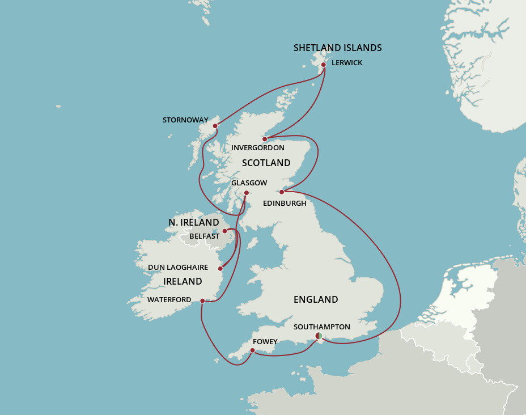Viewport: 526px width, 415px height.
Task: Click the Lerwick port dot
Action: [x=324, y=65]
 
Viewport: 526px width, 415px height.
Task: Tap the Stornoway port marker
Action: [x=215, y=126]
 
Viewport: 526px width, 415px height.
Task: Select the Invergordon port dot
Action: [x=265, y=139]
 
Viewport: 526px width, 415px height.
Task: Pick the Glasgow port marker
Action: [x=246, y=193]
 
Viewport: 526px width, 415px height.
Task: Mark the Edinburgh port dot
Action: [x=282, y=192]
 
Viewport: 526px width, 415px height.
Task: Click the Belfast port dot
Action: [x=225, y=231]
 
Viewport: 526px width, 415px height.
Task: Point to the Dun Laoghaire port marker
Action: [x=220, y=268]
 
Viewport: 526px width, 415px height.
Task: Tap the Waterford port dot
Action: [x=202, y=300]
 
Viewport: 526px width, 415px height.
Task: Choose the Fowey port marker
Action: [x=252, y=350]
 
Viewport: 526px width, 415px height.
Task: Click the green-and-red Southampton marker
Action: [x=319, y=336]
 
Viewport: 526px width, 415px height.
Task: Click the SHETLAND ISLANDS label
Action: [x=337, y=48]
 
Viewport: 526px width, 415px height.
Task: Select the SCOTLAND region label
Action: [x=266, y=163]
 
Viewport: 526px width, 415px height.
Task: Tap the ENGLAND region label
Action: [x=316, y=299]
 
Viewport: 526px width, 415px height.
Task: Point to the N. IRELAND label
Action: [x=193, y=222]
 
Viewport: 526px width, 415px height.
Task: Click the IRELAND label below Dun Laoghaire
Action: [x=183, y=281]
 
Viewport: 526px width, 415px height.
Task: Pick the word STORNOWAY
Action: [x=185, y=120]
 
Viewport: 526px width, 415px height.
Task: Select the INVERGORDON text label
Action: [x=258, y=148]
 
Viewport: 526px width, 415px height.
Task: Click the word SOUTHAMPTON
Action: [x=321, y=327]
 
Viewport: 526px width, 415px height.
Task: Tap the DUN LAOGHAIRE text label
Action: [x=178, y=267]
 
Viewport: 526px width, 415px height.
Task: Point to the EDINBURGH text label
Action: [x=285, y=203]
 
